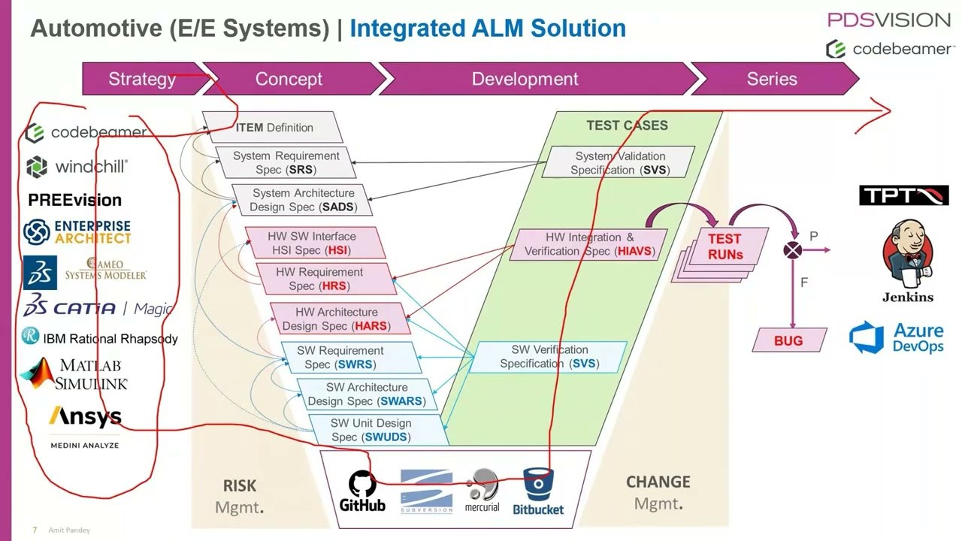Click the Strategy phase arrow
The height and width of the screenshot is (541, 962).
[x=142, y=79]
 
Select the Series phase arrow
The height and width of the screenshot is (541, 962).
[x=772, y=79]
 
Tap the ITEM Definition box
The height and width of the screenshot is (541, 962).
[x=274, y=128]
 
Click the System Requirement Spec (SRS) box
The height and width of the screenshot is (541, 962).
[x=286, y=162]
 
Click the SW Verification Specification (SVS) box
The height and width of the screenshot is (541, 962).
[x=549, y=357]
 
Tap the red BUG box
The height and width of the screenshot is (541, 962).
[x=788, y=340]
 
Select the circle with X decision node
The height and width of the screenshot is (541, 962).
[x=792, y=251]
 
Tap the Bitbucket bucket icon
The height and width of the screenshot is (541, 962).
[x=538, y=485]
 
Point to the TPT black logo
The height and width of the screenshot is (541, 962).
[x=903, y=196]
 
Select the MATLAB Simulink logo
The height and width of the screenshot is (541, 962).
[x=75, y=373]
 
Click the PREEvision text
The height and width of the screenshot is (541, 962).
[x=74, y=200]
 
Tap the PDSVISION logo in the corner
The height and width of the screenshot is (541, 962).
[x=889, y=20]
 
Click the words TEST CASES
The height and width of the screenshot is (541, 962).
[x=627, y=125]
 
